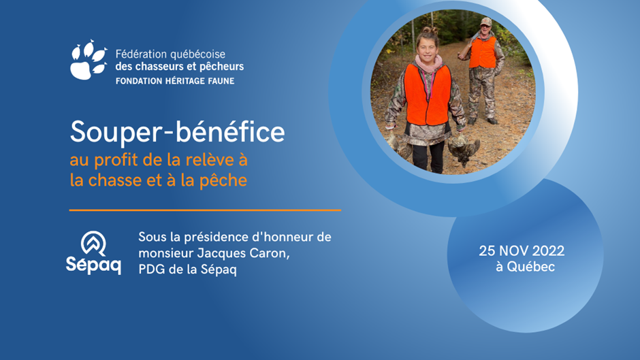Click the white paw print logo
click(89, 60)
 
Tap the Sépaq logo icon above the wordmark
click(93, 243)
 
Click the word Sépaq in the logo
click(93, 265)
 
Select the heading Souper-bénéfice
click(177, 132)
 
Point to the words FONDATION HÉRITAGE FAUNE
click(175, 81)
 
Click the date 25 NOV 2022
click(522, 250)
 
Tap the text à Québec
click(526, 267)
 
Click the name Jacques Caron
click(243, 253)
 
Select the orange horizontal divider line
click(205, 210)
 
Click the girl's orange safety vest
click(428, 95)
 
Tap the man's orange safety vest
click(483, 52)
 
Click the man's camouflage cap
click(485, 21)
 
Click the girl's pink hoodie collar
click(428, 63)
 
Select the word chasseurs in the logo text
click(153, 67)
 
